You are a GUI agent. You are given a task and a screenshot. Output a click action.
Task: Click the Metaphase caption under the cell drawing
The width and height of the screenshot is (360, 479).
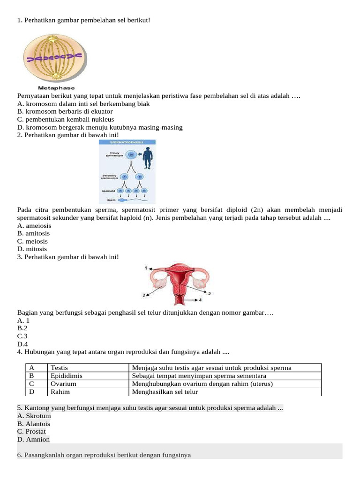[56, 88]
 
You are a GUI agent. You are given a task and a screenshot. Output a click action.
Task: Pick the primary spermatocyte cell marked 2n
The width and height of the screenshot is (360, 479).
[131, 154]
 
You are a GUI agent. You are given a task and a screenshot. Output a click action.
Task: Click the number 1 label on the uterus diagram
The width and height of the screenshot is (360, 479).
[146, 268]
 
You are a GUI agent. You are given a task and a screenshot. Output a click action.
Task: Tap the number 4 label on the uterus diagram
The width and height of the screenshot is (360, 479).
[201, 299]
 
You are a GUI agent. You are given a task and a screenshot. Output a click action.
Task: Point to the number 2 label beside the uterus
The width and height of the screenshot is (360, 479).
[144, 296]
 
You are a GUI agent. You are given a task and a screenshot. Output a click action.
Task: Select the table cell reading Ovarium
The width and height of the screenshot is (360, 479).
[63, 384]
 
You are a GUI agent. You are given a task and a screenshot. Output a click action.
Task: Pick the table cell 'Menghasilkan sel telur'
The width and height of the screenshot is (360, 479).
[165, 392]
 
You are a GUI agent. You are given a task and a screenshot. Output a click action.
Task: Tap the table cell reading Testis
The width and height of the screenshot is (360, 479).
[60, 368]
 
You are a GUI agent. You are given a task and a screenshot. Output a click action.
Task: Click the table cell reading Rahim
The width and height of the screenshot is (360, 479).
[60, 392]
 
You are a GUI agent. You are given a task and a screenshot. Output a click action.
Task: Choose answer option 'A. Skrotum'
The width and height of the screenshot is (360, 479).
[34, 416]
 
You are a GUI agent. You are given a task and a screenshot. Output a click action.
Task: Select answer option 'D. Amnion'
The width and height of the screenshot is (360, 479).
[33, 440]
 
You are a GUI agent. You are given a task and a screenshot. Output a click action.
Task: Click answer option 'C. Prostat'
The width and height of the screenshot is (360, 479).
[31, 432]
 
